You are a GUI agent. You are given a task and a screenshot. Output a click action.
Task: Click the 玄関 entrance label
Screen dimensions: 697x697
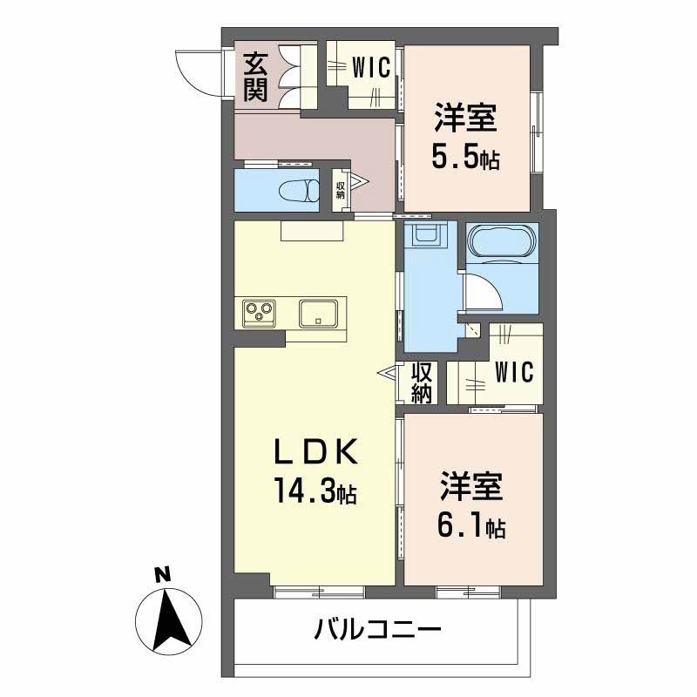pos(255,77)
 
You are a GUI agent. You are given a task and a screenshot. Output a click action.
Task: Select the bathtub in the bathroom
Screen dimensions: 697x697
pos(502,241)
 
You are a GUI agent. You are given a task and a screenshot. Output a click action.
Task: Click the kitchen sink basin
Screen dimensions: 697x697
pos(318,314)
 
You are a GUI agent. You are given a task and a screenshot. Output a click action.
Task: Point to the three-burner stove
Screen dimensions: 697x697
pos(258,314)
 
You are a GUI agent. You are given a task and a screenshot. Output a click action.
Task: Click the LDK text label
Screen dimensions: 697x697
pos(315,451)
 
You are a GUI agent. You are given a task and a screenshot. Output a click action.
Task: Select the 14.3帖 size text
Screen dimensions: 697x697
pos(315,491)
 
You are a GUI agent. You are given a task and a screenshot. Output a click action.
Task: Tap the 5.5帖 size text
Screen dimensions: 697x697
pos(465,157)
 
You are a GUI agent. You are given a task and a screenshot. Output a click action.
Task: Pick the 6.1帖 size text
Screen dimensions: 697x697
pos(471,526)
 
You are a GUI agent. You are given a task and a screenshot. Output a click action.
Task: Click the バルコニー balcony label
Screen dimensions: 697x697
pos(377,629)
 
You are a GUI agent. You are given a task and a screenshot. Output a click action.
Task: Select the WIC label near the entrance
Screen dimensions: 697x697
pos(371,68)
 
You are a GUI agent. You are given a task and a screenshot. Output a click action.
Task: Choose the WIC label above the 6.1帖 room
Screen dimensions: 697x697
pos(514,372)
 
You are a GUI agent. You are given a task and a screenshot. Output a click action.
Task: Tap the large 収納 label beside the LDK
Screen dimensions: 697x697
pos(422,382)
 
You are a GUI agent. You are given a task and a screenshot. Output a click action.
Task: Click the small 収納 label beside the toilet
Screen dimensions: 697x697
pos(340,190)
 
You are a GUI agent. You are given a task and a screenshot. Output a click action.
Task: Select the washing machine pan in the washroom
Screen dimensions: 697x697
pos(426,233)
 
